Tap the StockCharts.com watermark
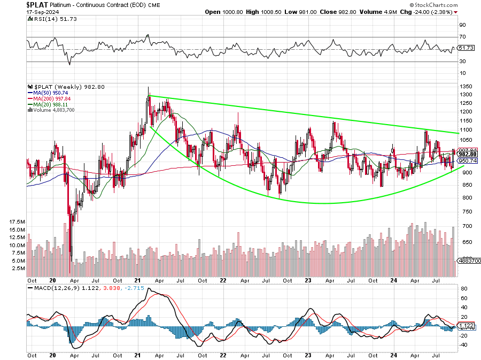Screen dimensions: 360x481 pyautogui.click(x=431, y=20)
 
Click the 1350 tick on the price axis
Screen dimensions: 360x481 pyautogui.click(x=467, y=86)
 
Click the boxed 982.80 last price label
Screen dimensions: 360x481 pyautogui.click(x=467, y=155)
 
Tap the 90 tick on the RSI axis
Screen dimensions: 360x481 pyautogui.click(x=463, y=25)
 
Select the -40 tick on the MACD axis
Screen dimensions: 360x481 pyautogui.click(x=463, y=344)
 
